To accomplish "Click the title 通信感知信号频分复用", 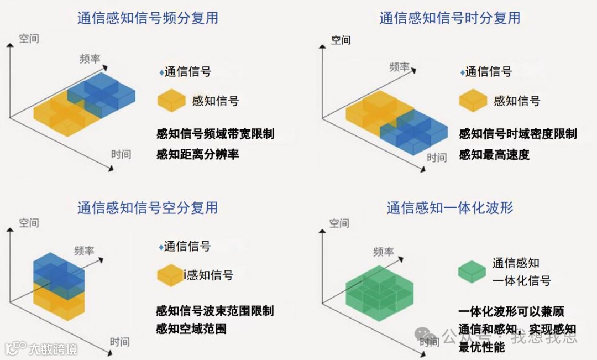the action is point(148,18).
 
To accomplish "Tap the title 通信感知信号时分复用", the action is point(449,18).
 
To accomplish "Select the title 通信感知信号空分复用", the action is point(148,207).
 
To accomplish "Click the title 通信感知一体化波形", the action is point(449,207).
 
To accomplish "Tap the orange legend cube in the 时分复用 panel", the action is point(473,100).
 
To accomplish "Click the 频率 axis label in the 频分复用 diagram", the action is point(90,58).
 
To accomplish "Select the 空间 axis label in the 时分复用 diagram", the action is point(341,40).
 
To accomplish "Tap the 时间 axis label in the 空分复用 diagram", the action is point(120,341).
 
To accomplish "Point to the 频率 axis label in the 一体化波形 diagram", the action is point(384,252).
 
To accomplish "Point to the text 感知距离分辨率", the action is point(197,154).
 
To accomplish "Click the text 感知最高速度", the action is point(494,154).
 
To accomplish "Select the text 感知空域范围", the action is point(191,328).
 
